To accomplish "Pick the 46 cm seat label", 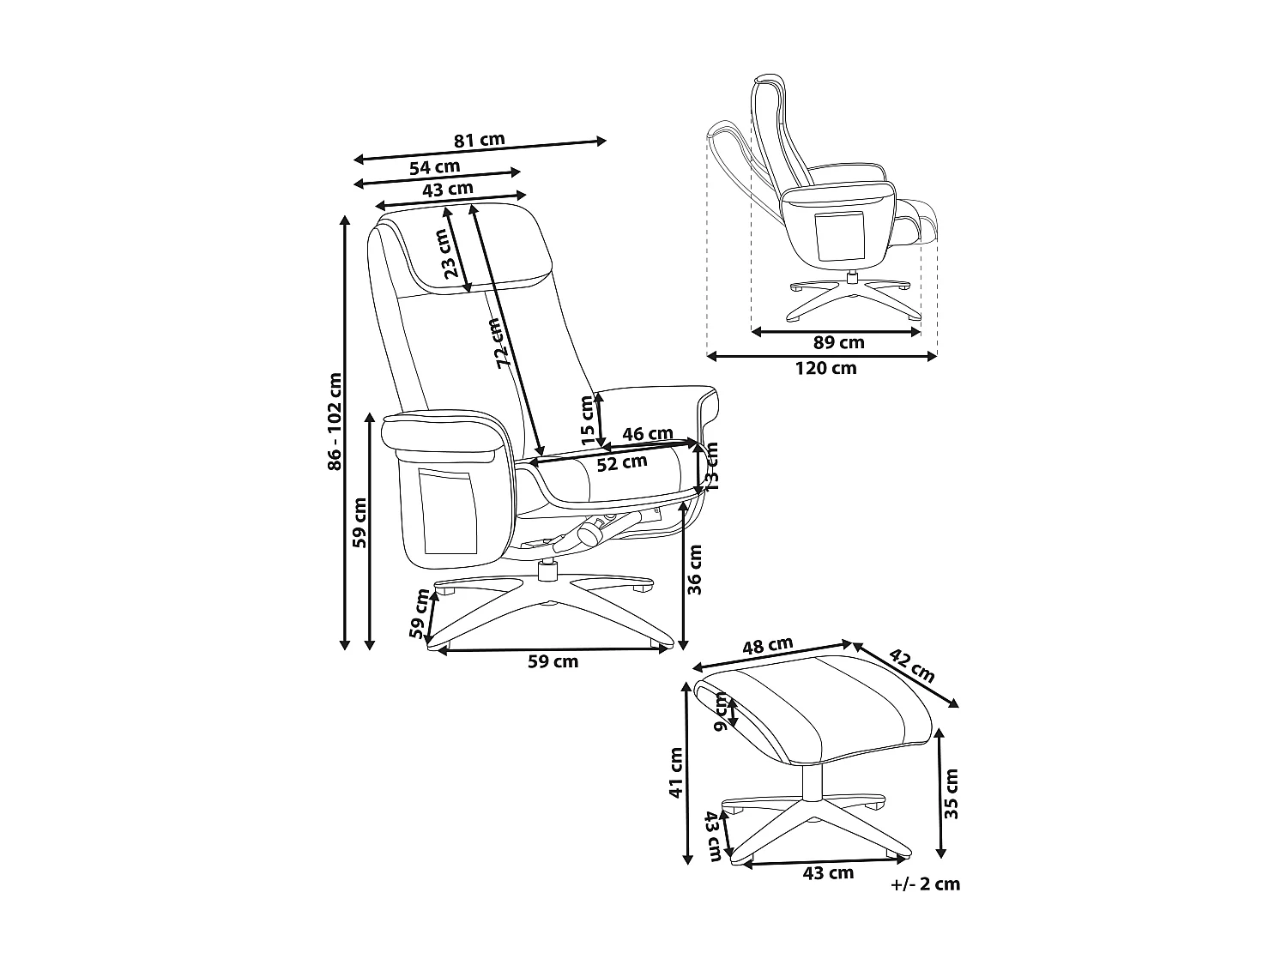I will (x=647, y=434).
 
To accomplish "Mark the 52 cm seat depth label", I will (x=622, y=463).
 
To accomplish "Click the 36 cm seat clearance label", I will (x=696, y=569).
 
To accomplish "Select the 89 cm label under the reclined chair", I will (x=838, y=343).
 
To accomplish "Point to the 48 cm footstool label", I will (x=767, y=646).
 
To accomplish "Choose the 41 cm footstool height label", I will (x=676, y=772).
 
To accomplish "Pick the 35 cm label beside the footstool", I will (x=952, y=794).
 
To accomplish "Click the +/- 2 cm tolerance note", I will (x=926, y=884).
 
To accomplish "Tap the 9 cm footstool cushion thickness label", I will (x=722, y=712).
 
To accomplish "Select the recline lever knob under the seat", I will (x=589, y=534).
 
